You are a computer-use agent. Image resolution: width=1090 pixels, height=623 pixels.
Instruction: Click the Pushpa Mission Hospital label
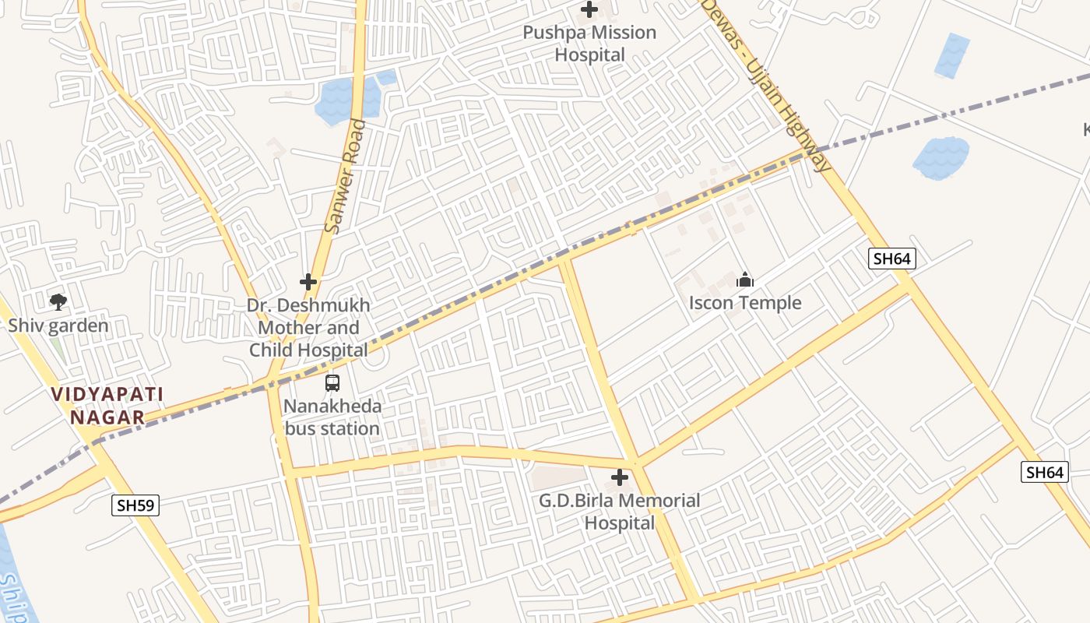click(x=589, y=44)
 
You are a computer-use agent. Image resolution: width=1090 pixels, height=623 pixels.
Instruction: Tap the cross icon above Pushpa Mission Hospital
click(x=589, y=10)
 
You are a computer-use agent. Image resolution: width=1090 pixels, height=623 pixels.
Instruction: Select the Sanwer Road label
click(x=344, y=176)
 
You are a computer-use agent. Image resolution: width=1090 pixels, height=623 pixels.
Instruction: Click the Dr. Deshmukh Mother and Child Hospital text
click(x=308, y=327)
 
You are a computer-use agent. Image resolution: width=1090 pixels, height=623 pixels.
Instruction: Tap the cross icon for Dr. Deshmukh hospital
click(x=308, y=282)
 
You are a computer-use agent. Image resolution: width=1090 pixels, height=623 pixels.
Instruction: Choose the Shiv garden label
click(x=58, y=325)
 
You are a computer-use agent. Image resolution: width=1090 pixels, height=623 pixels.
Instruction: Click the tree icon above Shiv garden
click(x=58, y=301)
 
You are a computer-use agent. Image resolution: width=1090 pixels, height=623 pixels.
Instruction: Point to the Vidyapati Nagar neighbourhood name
click(x=107, y=406)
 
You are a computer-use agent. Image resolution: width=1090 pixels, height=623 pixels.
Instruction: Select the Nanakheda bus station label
click(x=332, y=417)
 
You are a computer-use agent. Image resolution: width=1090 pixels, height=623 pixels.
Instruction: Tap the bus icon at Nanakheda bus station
click(x=332, y=383)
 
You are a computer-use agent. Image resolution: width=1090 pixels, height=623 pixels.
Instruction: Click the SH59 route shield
click(x=135, y=505)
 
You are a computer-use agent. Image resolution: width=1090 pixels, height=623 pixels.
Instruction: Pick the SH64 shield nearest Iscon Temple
click(x=891, y=259)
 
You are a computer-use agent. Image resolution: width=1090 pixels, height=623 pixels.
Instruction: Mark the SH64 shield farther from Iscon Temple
click(x=1044, y=472)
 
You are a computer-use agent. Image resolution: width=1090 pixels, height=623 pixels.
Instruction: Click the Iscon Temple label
click(x=745, y=303)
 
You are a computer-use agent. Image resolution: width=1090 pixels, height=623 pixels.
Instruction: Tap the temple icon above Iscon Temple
click(x=745, y=280)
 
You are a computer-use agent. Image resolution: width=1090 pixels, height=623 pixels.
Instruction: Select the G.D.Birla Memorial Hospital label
click(x=620, y=512)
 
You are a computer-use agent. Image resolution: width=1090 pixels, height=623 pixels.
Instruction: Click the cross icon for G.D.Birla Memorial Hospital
click(x=620, y=477)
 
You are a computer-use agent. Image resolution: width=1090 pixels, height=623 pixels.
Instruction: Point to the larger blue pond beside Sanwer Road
click(x=343, y=99)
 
